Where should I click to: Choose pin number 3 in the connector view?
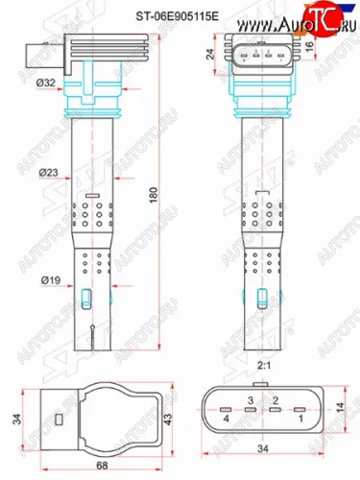[x=249, y=398]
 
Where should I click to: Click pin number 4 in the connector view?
[x=227, y=418]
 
